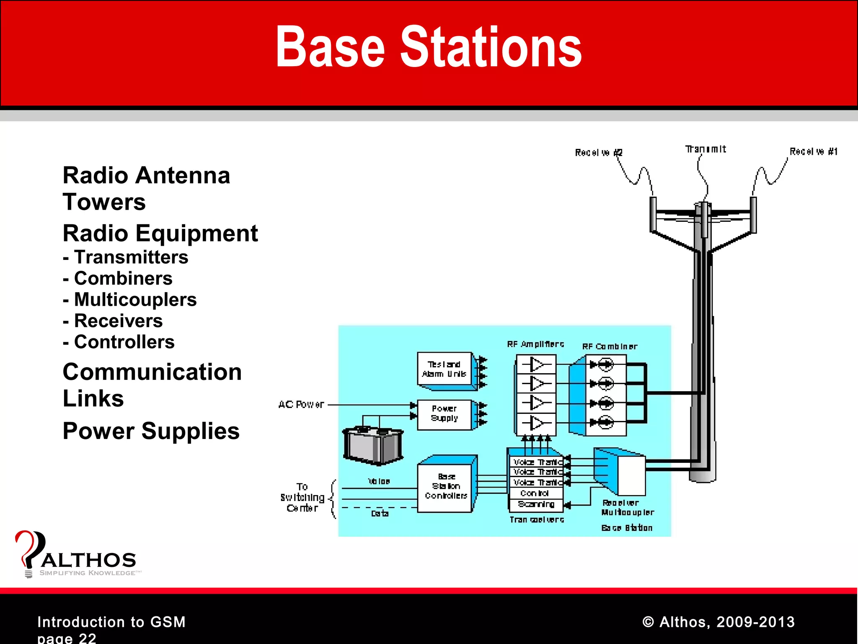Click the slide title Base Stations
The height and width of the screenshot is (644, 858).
pos(429,47)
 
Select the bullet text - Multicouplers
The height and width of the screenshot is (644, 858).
pos(130,300)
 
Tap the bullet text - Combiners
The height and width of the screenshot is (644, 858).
pos(118,278)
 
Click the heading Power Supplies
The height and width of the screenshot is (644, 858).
pos(151,431)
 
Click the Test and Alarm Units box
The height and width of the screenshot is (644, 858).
pos(445,369)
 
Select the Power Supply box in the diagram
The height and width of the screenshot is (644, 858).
pos(445,414)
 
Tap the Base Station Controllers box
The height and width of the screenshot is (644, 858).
pos(445,487)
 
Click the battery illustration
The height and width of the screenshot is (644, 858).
pos(373,446)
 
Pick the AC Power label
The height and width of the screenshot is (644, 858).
pos(301,405)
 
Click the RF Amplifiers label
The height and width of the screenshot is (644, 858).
pos(535,345)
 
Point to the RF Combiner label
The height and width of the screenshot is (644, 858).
pos(610,347)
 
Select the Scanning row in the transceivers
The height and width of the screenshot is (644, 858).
pos(536,504)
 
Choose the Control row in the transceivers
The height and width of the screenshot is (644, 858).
pos(535,493)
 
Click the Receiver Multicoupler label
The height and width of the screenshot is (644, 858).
pos(627,507)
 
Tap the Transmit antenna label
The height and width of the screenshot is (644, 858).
pos(706,149)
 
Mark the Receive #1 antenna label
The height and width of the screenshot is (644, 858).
pos(813,151)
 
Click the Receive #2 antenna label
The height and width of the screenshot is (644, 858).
pos(598,153)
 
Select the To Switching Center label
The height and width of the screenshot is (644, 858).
pos(302,498)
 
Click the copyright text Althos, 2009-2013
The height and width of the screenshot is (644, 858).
pos(718,622)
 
